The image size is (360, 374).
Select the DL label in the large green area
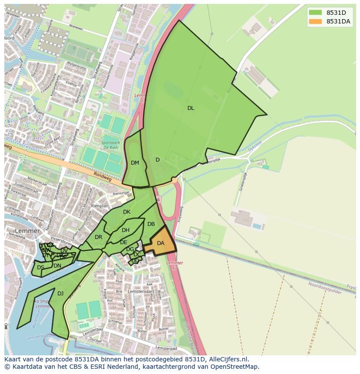[190, 108]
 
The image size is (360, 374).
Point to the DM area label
[135, 163]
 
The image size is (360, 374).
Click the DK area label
[127, 212]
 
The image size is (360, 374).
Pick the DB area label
[151, 224]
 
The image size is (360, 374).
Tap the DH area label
[125, 230]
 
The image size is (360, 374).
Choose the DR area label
[98, 237]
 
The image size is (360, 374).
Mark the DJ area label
[60, 294]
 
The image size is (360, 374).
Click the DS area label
[40, 268]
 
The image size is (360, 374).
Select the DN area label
[57, 266]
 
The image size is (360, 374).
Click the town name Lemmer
[27, 231]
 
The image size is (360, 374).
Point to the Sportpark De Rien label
[110, 145]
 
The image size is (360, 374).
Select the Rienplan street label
[100, 206]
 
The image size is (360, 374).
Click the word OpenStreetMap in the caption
[234, 367]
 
